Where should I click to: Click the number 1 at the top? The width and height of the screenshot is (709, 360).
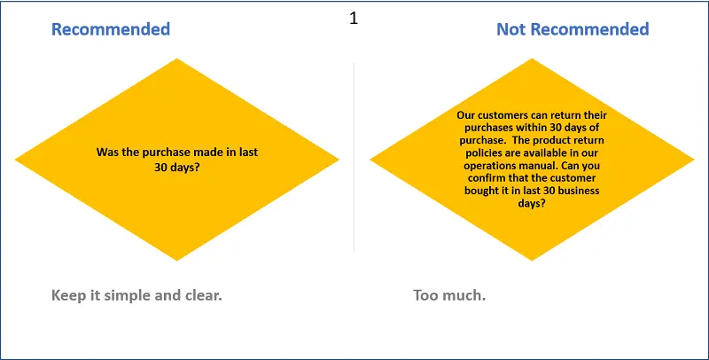354,18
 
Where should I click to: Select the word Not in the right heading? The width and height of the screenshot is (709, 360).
511,29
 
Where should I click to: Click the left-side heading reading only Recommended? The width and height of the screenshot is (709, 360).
111,29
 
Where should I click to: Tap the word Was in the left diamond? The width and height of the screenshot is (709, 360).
105,152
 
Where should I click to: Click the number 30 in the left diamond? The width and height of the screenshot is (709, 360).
160,167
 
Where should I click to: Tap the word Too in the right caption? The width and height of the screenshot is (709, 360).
425,296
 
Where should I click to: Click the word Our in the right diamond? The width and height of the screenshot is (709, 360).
466,115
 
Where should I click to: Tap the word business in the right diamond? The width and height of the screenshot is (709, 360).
579,191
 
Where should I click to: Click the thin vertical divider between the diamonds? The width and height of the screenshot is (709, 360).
354,157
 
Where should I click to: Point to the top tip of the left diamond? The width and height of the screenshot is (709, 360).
176,59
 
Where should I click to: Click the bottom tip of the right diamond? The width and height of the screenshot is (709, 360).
532,261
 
